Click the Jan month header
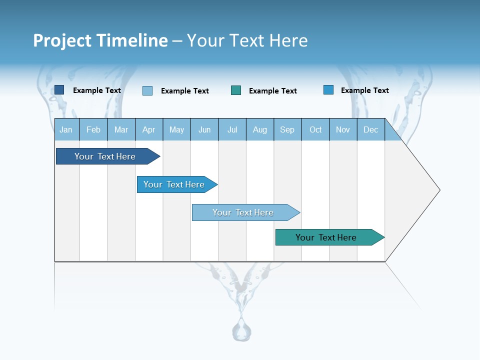point(66,129)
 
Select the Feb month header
point(93,129)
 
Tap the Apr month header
point(149,129)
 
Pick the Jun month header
point(204,129)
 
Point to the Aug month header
point(260,129)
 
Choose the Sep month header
point(287,129)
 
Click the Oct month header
point(315,129)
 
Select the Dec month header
point(371,129)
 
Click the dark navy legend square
point(59,90)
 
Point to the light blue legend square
point(147,90)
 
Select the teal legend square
point(236,90)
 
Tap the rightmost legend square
point(328,90)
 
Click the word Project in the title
point(62,40)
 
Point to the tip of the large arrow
point(438,190)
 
